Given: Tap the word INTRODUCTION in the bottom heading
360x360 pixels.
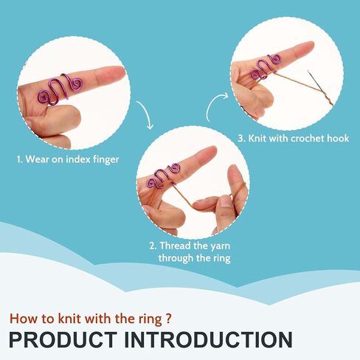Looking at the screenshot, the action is tap(208, 340).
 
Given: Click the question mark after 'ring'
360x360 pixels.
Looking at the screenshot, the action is tap(168, 319).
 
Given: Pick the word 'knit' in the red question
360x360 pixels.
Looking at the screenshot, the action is tap(69, 319).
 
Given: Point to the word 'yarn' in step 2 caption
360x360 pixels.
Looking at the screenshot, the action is tap(220, 246).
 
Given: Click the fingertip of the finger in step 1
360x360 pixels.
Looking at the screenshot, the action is tap(122, 72).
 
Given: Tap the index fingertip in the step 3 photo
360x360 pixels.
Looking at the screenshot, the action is tap(311, 45).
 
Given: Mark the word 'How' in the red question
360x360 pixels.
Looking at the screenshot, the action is tap(21, 319).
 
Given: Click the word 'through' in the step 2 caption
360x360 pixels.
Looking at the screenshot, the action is tap(176, 258).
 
